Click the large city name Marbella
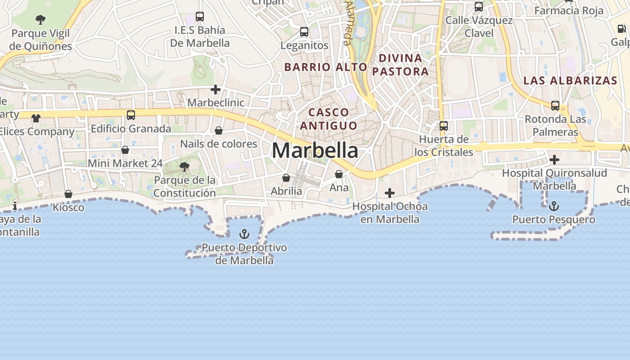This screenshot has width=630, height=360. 315,150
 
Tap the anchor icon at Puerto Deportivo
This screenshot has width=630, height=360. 244,234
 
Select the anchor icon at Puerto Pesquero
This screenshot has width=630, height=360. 554,206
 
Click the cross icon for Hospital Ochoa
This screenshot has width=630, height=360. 390,193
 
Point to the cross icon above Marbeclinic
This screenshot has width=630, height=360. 216,90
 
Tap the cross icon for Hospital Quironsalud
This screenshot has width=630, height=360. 554,160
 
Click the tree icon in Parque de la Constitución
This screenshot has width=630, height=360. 184,167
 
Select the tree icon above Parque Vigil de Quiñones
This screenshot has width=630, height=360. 40,19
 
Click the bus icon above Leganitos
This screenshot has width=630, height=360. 304,32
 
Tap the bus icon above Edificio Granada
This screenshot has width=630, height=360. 131,115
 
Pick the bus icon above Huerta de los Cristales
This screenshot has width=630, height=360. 444,126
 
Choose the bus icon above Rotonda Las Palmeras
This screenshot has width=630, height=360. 555,106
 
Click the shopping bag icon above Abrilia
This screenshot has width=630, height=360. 286,178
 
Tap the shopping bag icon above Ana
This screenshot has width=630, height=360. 339,174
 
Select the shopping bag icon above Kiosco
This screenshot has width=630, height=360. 68,194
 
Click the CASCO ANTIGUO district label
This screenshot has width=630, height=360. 328,119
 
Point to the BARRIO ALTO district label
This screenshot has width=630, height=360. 326,67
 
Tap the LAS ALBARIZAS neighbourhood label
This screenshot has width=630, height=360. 570,81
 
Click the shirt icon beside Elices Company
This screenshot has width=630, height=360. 36,118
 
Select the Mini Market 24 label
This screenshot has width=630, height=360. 125,163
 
